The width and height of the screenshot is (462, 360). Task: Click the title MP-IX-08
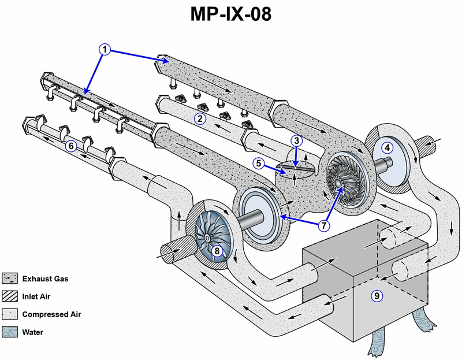coord(231,15)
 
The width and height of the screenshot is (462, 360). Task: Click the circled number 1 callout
coord(105,50)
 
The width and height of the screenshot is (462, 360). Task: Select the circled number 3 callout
coord(296,140)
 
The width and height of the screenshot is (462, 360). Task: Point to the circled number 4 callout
coord(388,147)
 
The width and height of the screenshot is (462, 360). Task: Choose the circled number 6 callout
coord(71,146)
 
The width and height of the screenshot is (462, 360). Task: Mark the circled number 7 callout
coord(324,224)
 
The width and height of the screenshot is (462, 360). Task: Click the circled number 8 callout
coord(217,251)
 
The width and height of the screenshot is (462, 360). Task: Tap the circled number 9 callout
coord(377,296)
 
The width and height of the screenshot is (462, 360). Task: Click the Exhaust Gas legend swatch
coord(10,279)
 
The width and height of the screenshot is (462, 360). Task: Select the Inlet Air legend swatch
coord(10,296)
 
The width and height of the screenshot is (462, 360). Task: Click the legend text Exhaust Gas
coord(45,279)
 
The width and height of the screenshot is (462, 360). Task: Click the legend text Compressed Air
coord(51,314)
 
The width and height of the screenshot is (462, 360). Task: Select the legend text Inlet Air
coord(39,297)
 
